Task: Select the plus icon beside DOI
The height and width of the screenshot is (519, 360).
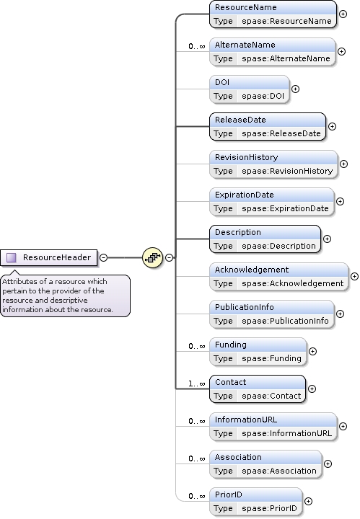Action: click(x=294, y=89)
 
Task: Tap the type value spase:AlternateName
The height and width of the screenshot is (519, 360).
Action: click(x=286, y=58)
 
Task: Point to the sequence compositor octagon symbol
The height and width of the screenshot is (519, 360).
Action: click(x=152, y=257)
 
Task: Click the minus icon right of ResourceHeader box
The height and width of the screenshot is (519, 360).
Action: click(x=104, y=257)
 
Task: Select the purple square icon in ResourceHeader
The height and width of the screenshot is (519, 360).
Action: click(x=12, y=257)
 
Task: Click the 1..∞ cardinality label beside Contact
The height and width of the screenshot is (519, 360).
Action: click(x=196, y=383)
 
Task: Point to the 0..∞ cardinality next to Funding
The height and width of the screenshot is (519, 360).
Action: click(x=196, y=346)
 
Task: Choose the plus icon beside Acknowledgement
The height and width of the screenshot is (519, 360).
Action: click(x=354, y=276)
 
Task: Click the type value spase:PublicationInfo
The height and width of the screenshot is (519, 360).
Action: click(x=285, y=321)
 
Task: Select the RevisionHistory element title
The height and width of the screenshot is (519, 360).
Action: click(x=246, y=157)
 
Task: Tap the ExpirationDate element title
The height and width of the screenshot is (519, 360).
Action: click(x=245, y=195)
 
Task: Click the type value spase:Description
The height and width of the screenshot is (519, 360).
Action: click(x=278, y=246)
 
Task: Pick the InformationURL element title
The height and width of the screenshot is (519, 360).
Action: click(x=246, y=420)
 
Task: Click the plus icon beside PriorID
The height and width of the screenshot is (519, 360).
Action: click(x=309, y=501)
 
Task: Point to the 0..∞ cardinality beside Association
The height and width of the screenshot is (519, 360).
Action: click(x=196, y=458)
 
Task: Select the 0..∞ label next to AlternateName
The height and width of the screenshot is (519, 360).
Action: click(x=196, y=46)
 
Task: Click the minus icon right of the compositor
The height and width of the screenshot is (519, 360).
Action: click(x=169, y=257)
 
